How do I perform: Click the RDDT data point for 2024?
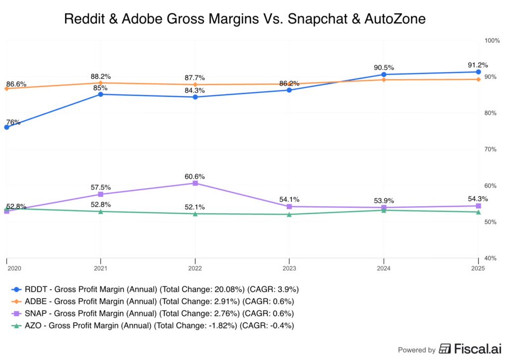click(383, 74)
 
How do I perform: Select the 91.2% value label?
click(478, 65)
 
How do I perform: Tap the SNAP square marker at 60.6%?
click(195, 183)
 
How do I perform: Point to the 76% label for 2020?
click(13, 122)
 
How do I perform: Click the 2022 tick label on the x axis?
click(195, 268)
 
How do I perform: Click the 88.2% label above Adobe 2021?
click(101, 76)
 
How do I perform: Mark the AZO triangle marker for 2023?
click(289, 214)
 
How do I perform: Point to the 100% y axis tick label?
click(492, 40)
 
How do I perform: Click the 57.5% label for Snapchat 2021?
click(101, 188)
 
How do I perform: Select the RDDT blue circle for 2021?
click(101, 94)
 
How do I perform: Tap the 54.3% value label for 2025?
click(478, 199)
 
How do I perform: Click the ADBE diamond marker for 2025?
click(478, 79)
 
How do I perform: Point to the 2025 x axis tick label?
click(478, 268)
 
